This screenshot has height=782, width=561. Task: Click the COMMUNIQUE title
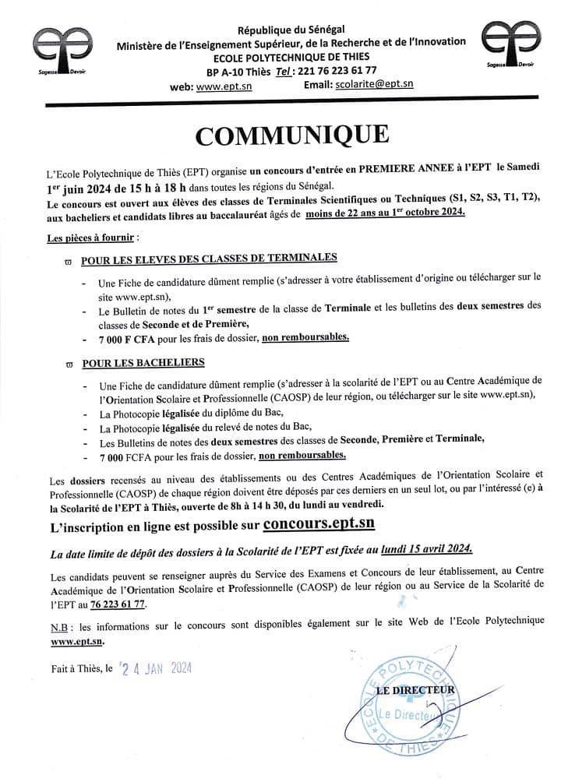[291, 135]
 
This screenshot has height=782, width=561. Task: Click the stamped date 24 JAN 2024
[157, 668]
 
